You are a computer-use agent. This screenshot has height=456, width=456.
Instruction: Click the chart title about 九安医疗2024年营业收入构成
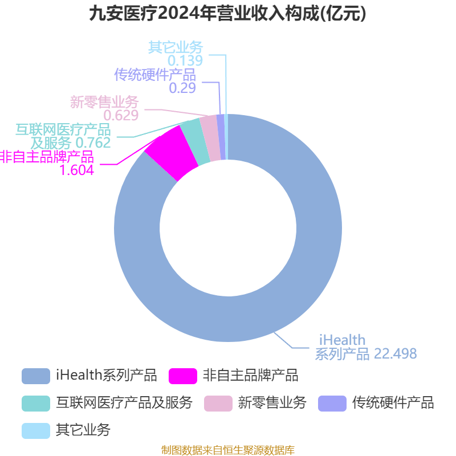pos(227,14)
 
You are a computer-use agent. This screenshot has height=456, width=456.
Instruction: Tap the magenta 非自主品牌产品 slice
pos(172,153)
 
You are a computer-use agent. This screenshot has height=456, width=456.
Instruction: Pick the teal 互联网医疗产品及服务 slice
pos(195,141)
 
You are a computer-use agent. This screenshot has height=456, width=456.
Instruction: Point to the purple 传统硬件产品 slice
pos(222,137)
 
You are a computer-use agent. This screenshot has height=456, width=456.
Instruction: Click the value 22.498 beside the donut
pos(395,353)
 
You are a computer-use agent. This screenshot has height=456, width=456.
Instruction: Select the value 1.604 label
pos(77,170)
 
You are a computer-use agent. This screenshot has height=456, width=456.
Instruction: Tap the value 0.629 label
pos(121,116)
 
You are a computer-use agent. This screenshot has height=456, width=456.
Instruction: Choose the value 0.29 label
pos(182,88)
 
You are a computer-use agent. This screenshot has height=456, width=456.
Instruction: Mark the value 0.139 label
pos(185,60)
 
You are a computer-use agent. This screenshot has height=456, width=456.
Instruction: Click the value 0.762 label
pos(93,143)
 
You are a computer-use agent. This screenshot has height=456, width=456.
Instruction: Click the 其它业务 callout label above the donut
pos(176,47)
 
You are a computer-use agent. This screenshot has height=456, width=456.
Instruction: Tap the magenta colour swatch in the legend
pos(183,376)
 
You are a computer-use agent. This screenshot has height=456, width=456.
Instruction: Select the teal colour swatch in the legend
pos(36,404)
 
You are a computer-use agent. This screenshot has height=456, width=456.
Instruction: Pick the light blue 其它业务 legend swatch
pos(36,431)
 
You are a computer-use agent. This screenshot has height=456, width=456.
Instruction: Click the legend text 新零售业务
pos(272,403)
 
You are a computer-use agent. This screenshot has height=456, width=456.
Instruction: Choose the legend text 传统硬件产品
pos(393,403)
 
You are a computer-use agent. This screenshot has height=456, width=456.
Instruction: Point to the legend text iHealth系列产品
pos(107,376)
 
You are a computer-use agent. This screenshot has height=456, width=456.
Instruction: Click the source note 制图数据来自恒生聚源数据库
pos(228,450)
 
